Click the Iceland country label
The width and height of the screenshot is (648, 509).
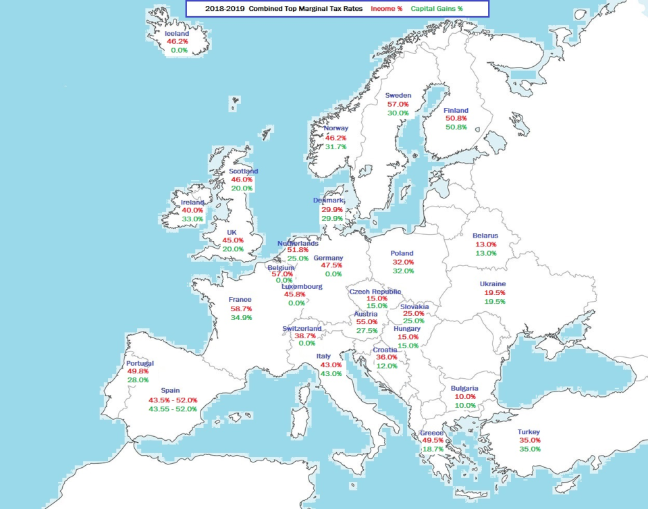tap(177, 33)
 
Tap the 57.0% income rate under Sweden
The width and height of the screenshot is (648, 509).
tap(398, 105)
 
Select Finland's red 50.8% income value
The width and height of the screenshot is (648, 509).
tap(456, 119)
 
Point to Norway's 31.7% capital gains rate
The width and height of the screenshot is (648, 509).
tap(335, 146)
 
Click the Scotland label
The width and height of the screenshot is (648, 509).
tap(243, 171)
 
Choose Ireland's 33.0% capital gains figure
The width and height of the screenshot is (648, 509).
tap(192, 219)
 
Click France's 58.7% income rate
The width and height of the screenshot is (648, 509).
tap(241, 309)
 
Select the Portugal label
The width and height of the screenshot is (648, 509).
tap(140, 363)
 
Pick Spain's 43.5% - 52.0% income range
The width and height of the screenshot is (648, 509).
tap(173, 400)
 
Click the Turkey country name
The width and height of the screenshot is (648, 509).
tap(529, 432)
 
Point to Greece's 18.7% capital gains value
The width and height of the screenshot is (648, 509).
tap(432, 449)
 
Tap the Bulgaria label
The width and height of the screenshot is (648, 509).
tap(464, 388)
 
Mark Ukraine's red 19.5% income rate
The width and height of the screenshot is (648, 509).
tap(494, 293)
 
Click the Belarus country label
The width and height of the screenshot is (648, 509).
tap(485, 236)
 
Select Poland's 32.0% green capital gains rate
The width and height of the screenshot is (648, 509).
tap(404, 271)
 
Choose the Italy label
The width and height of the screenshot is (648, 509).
tap(324, 356)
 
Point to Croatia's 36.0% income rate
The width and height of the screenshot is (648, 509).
tap(387, 357)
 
